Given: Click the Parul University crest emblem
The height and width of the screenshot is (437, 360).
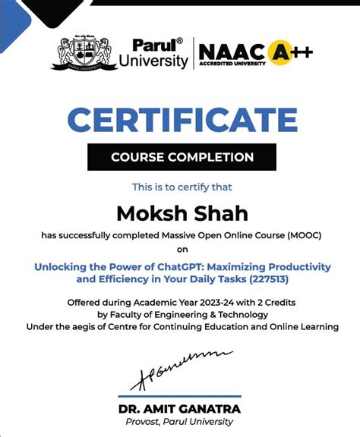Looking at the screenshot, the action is tap(79, 52).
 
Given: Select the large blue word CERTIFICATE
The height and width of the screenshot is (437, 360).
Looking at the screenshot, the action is tap(182, 121).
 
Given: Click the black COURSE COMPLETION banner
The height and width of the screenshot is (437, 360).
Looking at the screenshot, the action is tap(182, 158).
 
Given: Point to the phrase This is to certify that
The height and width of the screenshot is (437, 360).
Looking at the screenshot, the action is tap(182, 187).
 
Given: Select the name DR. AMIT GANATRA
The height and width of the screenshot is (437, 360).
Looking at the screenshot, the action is tap(179, 409).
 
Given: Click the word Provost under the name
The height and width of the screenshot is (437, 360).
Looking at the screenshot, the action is tap(145, 422).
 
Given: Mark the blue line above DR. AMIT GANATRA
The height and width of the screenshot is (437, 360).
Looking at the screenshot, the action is tap(179, 396).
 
